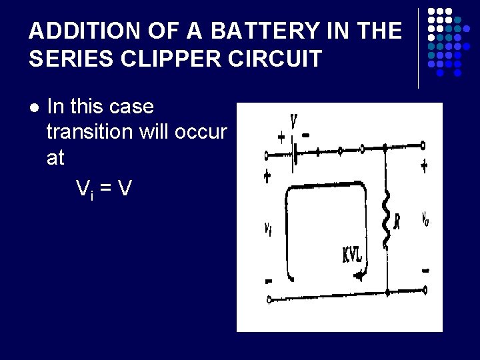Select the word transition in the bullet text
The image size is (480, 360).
point(90,132)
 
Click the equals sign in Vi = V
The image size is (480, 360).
point(105,189)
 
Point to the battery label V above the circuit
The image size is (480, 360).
point(293,123)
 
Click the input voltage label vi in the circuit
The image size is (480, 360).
point(267,229)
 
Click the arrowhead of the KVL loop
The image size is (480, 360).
point(361,273)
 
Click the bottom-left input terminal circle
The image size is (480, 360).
point(268,299)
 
